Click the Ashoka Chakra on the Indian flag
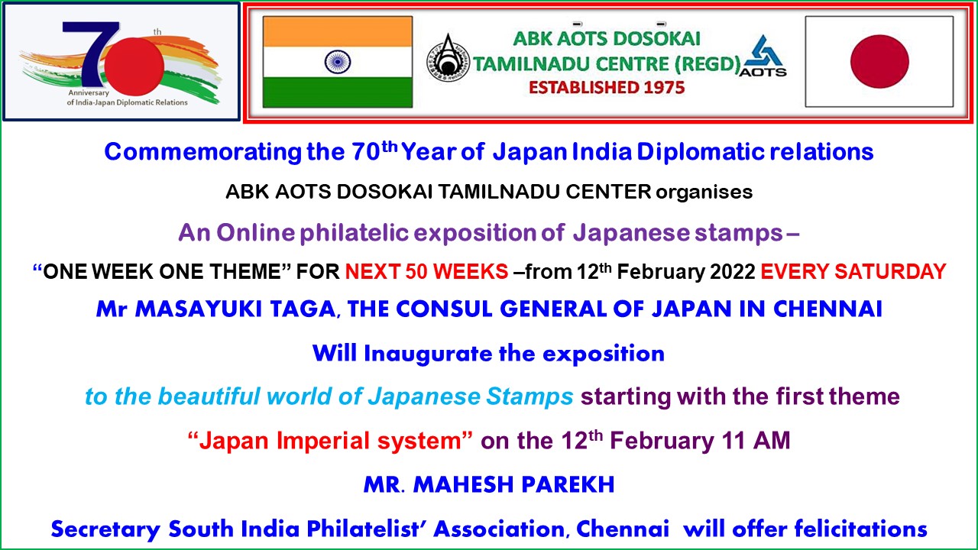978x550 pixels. click(338, 62)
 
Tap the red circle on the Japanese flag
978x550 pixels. click(879, 62)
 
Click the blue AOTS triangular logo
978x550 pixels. click(763, 56)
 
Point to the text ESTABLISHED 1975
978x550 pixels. click(607, 88)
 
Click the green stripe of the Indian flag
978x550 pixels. click(338, 92)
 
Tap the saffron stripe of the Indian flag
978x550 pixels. click(338, 31)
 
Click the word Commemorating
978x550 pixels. click(202, 152)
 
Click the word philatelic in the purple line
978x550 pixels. click(354, 233)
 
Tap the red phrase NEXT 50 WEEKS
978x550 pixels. click(426, 271)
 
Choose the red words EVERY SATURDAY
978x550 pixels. click(853, 271)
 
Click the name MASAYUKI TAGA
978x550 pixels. click(235, 309)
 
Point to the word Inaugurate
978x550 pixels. click(428, 354)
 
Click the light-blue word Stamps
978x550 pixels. click(529, 396)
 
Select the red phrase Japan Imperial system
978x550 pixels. click(330, 441)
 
